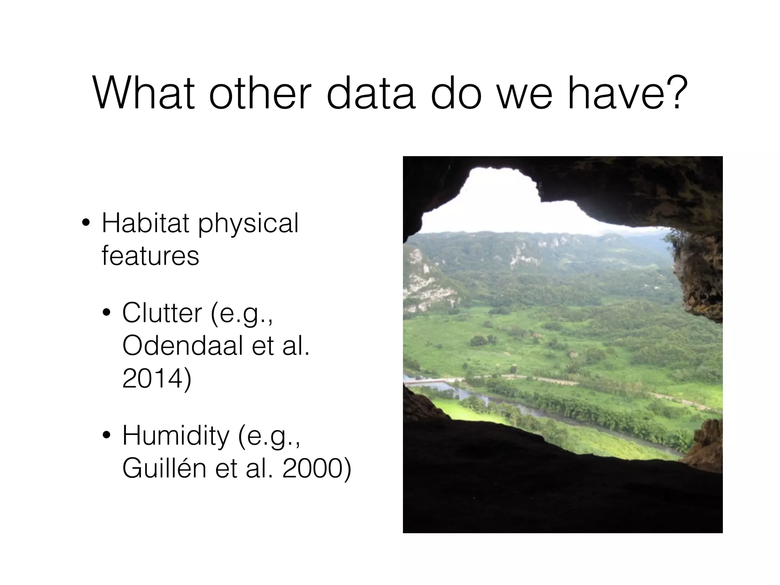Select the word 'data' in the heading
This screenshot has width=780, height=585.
(x=371, y=93)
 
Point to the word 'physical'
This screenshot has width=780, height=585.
(x=248, y=225)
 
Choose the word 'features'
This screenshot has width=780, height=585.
(x=150, y=256)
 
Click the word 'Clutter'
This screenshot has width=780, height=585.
(x=162, y=313)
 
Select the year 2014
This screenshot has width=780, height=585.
(x=156, y=379)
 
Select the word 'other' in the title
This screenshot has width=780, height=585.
(x=262, y=93)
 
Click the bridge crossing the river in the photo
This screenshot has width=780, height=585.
(x=430, y=380)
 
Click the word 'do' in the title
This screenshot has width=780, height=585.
(x=456, y=93)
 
